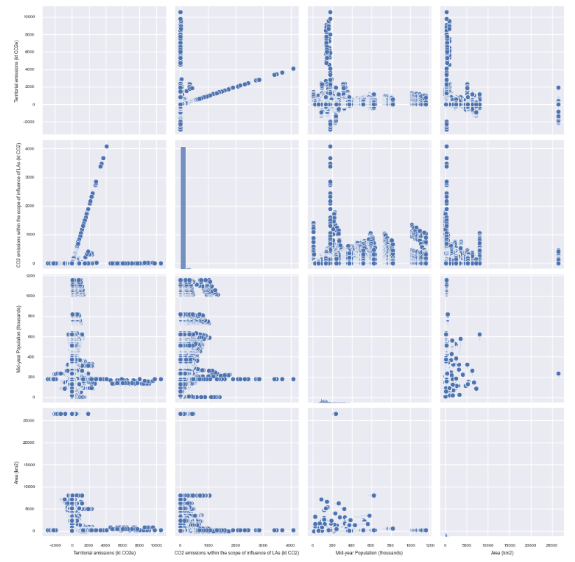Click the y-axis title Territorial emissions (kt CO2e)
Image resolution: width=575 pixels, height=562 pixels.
pyautogui.click(x=16, y=69)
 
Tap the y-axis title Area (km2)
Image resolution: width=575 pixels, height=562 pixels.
pyautogui.click(x=16, y=470)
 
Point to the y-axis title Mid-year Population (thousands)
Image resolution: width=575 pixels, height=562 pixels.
pyautogui.click(x=16, y=337)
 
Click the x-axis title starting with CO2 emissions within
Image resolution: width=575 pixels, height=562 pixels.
pyautogui.click(x=237, y=553)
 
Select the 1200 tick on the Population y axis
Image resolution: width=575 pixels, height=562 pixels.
pyautogui.click(x=33, y=277)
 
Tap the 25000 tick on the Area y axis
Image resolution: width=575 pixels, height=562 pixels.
pyautogui.click(x=31, y=421)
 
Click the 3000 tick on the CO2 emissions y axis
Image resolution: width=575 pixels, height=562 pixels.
pyautogui.click(x=33, y=178)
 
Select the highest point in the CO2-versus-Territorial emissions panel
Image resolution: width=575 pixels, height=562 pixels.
pyautogui.click(x=106, y=146)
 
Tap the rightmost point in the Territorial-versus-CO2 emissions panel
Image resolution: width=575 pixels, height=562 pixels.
pyautogui.click(x=293, y=69)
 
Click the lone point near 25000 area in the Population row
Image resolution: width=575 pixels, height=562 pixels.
pyautogui.click(x=558, y=373)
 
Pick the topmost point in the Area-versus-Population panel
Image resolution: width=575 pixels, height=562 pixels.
pyautogui.click(x=336, y=414)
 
